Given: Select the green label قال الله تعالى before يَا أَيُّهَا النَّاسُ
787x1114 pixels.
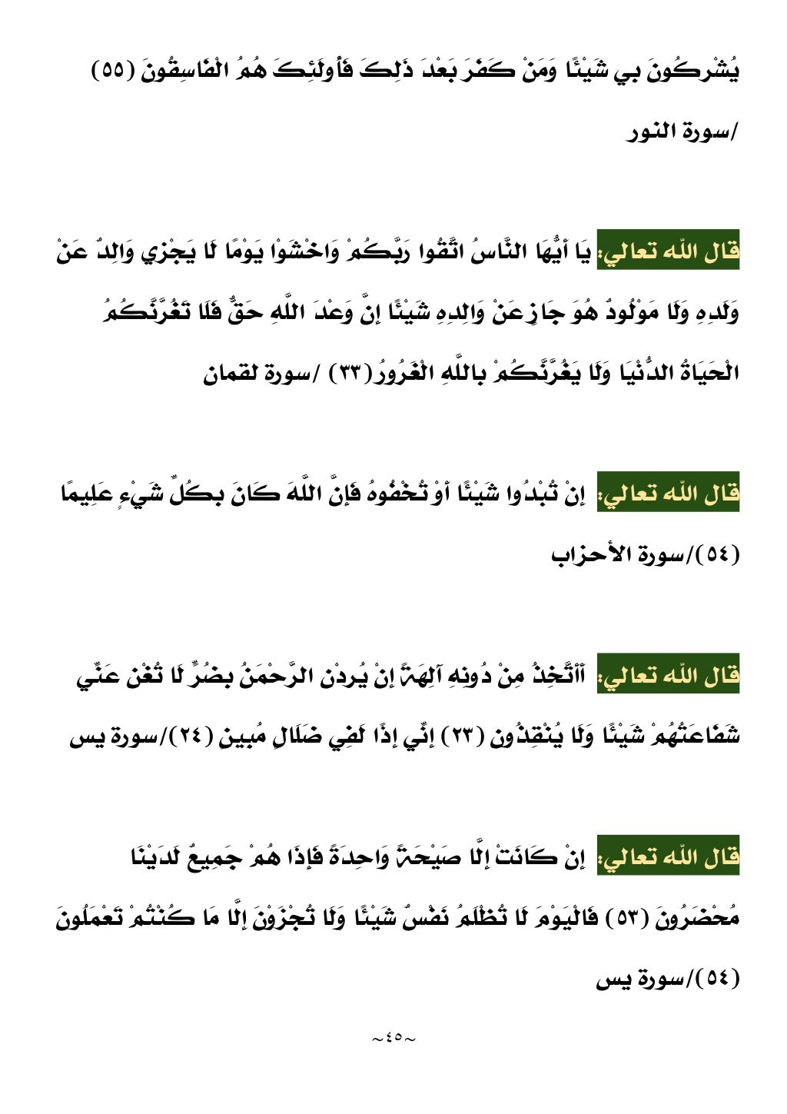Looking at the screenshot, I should [668, 253].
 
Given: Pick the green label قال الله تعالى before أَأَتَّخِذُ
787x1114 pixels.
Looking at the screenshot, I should [668, 676].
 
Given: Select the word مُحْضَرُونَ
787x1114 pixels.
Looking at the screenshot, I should [697, 917].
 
